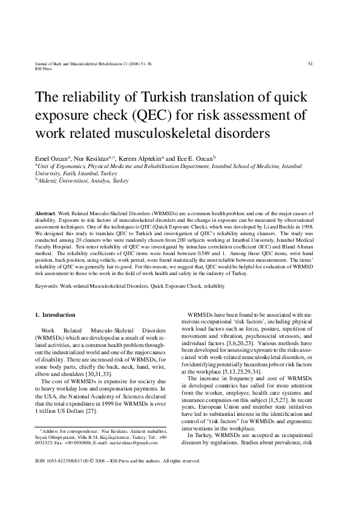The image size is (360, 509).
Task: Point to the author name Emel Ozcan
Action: (50, 157)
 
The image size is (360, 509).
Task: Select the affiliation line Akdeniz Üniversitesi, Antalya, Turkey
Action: (83, 180)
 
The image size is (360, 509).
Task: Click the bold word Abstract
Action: (45, 215)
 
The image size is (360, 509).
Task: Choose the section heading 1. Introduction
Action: (55, 315)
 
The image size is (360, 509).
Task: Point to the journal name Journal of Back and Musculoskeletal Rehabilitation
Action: (91, 63)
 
